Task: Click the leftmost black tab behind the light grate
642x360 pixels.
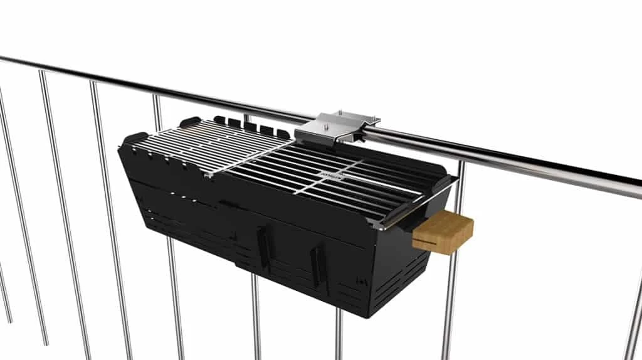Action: point(219,119)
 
